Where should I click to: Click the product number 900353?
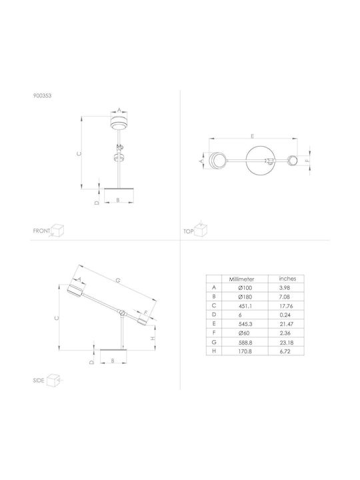coord(42,95)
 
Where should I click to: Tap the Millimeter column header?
coord(241,279)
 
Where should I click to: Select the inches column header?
coord(287,279)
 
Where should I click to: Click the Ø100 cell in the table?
coord(245,288)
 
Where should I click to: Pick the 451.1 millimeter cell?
coord(245,306)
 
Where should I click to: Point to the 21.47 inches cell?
coord(285,324)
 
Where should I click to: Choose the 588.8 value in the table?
coord(245,342)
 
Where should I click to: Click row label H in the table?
coord(214,351)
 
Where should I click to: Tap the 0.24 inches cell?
coord(285,315)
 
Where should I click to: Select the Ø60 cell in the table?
coord(245,333)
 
